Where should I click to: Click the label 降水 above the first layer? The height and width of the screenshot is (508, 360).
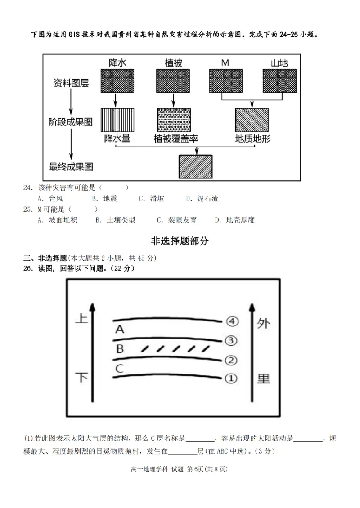[x=117, y=62]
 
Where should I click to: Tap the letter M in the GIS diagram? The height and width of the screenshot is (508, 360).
[x=225, y=62]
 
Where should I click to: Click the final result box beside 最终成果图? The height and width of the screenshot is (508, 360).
[x=196, y=167]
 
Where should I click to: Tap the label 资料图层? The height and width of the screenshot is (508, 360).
[x=71, y=83]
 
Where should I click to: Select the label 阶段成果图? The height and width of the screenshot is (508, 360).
[x=71, y=122]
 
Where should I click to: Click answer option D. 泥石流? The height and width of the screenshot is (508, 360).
[x=202, y=199]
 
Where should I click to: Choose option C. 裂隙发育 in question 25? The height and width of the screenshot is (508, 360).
[x=176, y=220]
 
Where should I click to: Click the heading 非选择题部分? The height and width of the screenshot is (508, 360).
[x=180, y=241]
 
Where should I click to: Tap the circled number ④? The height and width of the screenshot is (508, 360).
[x=231, y=322]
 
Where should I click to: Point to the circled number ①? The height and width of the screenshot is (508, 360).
[x=231, y=379]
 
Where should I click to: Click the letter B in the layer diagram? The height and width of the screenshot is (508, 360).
[x=120, y=349]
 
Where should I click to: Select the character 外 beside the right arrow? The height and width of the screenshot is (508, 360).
[x=263, y=322]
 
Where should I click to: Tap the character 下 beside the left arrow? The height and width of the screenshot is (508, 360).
[x=81, y=377]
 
